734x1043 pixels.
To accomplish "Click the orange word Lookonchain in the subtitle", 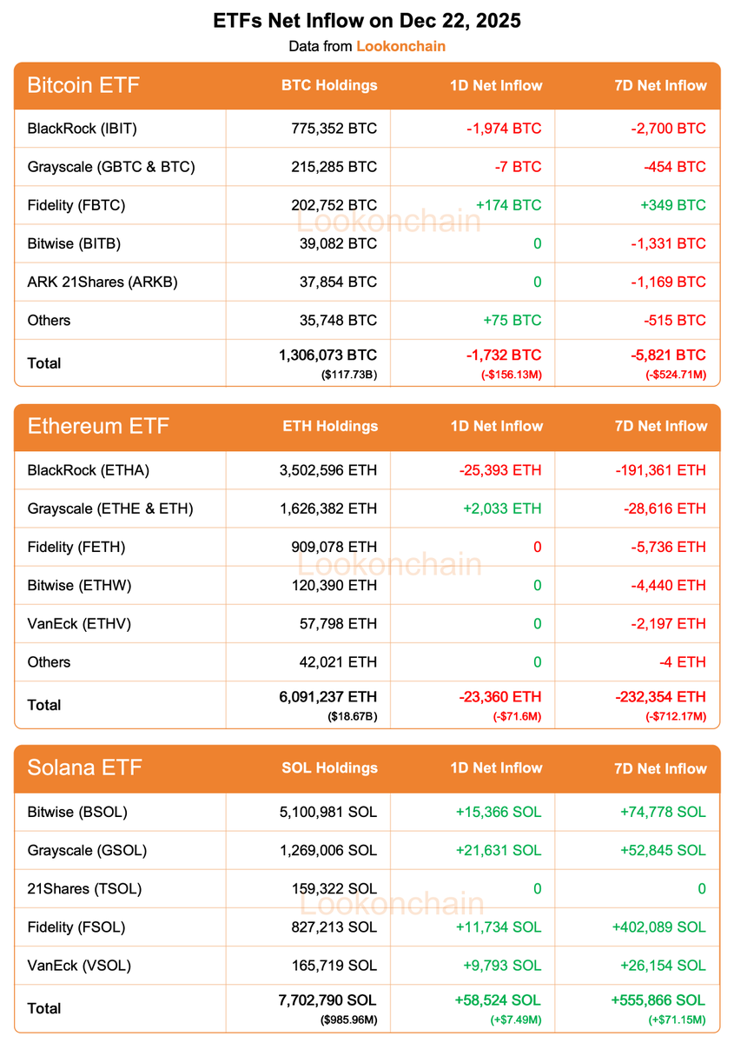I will pos(400,46).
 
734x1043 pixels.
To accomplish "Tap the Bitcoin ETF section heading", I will pos(83,85).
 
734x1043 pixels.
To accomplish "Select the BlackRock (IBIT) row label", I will pos(83,129).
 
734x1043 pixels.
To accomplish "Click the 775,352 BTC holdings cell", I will pos(334,129).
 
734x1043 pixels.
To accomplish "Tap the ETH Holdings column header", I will pos(330,427).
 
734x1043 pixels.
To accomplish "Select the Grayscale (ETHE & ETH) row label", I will pos(110,508).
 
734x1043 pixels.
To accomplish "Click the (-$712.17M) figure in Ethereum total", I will pos(675,716).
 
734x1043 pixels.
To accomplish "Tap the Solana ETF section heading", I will pos(84,768).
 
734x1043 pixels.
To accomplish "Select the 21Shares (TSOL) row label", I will pos(84,888).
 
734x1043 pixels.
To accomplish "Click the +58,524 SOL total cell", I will pos(497,1000).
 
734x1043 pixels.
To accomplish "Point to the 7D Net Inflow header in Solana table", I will pos(660,768).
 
